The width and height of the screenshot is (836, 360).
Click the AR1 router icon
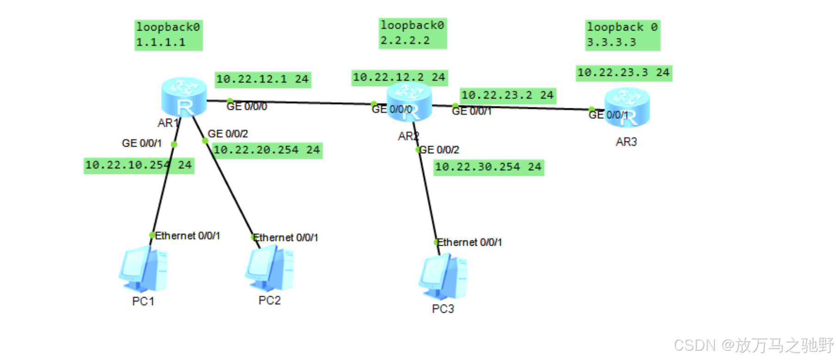(x=184, y=96)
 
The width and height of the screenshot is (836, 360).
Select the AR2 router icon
(x=409, y=102)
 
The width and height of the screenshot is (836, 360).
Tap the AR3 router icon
(x=627, y=107)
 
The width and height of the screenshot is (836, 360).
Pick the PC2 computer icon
(x=270, y=268)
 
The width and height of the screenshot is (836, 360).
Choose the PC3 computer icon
(x=443, y=277)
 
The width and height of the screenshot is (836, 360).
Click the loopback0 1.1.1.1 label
(x=168, y=35)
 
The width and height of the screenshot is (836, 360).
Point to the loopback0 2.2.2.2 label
(x=412, y=33)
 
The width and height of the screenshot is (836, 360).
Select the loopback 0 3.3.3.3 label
(x=622, y=35)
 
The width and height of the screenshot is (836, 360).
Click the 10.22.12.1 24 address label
(x=262, y=79)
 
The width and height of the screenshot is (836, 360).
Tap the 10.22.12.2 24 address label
(x=399, y=77)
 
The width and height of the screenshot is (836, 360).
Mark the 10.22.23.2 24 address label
(x=508, y=95)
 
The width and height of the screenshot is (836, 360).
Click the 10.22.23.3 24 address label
(x=623, y=73)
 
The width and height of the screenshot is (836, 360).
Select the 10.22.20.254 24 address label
(x=267, y=150)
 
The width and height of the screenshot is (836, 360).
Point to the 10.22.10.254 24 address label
(x=138, y=165)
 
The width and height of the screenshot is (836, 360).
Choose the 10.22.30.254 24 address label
(x=488, y=167)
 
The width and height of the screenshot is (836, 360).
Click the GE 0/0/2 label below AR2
(x=440, y=150)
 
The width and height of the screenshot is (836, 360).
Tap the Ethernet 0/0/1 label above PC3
(x=469, y=242)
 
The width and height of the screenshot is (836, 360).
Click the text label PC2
(x=269, y=301)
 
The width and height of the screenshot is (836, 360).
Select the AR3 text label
(x=626, y=142)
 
